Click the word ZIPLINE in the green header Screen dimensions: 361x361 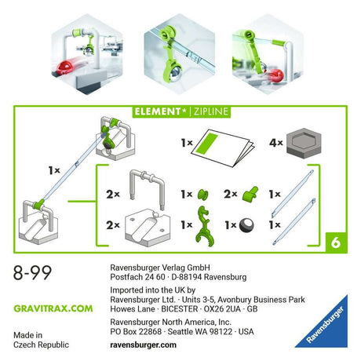211,111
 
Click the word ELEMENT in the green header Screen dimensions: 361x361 158,111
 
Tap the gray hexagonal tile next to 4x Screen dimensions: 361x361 304,143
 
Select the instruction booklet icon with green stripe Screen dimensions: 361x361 222,148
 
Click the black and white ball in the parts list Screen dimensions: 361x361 246,225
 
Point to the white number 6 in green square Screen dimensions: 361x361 336,242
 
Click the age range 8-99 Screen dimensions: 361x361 32,272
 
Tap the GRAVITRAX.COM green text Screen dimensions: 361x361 53,308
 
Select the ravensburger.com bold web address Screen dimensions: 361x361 143,345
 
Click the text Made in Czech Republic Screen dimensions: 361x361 41,340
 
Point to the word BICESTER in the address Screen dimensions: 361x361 180,309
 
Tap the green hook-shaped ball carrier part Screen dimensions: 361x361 204,226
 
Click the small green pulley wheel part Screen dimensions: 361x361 202,195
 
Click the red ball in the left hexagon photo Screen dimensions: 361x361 66,67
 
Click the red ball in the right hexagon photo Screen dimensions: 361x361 277,75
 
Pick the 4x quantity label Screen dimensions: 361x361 276,143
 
